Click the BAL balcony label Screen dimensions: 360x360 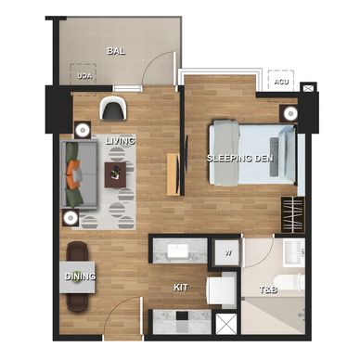click(x=116, y=51)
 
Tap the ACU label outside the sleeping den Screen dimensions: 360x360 click(x=281, y=82)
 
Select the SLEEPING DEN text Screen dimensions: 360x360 click(x=240, y=159)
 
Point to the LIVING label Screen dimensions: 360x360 click(x=121, y=141)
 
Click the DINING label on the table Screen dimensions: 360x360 click(x=80, y=276)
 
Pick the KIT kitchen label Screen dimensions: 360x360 click(x=181, y=288)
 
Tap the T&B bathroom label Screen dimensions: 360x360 click(x=268, y=289)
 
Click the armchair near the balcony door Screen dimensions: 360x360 click(x=113, y=108)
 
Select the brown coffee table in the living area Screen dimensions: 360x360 click(x=115, y=174)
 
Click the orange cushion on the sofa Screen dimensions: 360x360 click(x=72, y=174)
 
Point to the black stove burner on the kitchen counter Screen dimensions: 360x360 click(x=182, y=315)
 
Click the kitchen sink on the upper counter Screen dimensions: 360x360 click(x=177, y=251)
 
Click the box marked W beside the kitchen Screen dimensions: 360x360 click(x=227, y=252)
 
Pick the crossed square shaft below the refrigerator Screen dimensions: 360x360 click(x=226, y=324)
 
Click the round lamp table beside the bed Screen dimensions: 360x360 click(x=290, y=113)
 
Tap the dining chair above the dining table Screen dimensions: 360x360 click(x=77, y=251)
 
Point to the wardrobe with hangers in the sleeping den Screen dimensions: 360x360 click(x=292, y=214)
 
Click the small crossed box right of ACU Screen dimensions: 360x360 click(x=308, y=88)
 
